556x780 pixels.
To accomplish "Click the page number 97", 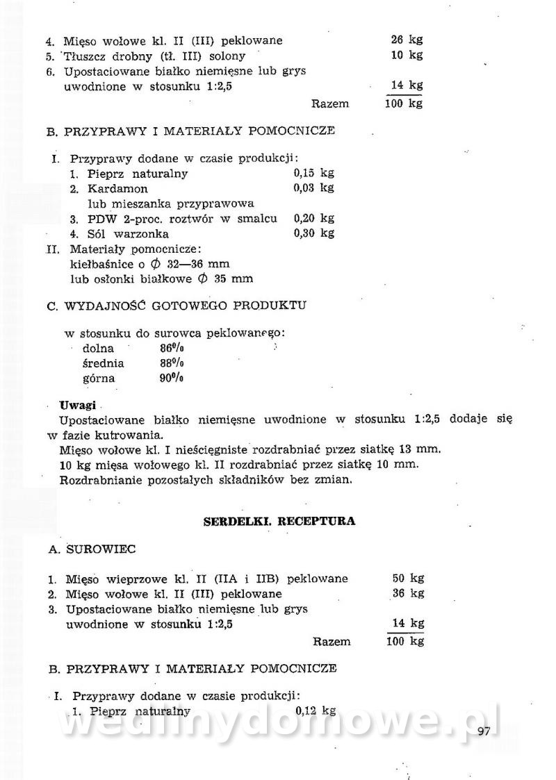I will [x=484, y=730].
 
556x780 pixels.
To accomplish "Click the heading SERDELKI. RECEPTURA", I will [x=279, y=521].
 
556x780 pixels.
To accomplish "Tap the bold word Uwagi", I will [x=77, y=405].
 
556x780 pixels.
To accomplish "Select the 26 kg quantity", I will [x=407, y=40].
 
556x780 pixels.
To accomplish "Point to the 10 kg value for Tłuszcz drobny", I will [x=407, y=55].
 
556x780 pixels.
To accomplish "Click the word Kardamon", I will [x=117, y=189].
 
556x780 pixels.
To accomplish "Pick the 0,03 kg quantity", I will [x=313, y=188].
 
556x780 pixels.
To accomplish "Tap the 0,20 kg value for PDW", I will [x=313, y=218].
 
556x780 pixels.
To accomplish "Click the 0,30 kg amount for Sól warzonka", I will [x=313, y=233].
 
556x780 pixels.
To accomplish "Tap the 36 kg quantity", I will [x=408, y=593].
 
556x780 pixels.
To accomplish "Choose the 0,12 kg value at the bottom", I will [x=316, y=711].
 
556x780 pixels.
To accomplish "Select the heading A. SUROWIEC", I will [x=92, y=549].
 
